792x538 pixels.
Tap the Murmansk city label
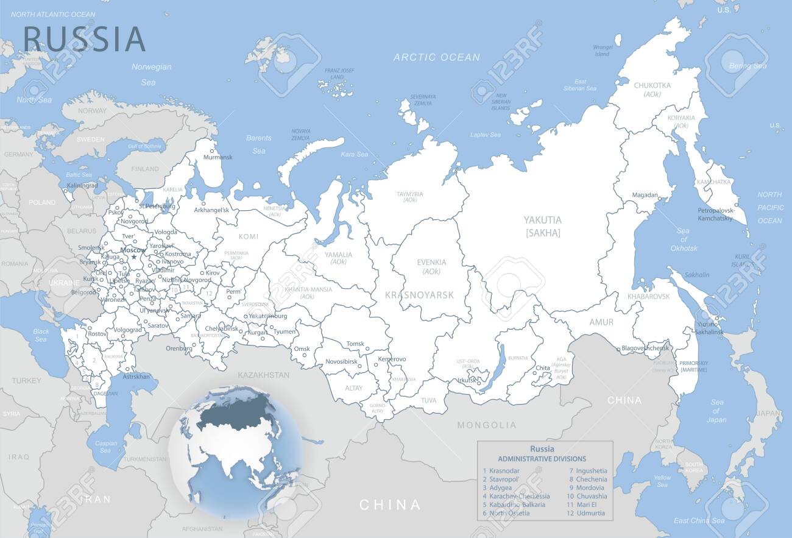coord(217,157)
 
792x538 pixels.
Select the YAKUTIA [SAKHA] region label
coord(543,226)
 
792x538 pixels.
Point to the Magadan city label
coord(645,195)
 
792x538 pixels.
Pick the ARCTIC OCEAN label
coord(436,57)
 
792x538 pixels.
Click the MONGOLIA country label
coord(486,425)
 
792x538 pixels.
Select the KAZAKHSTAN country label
coord(263,375)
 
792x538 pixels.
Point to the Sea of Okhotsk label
coord(683,239)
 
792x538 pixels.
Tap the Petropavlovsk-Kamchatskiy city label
coord(715,214)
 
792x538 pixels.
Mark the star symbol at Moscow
coord(134,257)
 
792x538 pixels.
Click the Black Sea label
coord(41,335)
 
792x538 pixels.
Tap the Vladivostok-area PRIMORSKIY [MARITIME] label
coord(694,366)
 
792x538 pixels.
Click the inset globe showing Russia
coord(235,451)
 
